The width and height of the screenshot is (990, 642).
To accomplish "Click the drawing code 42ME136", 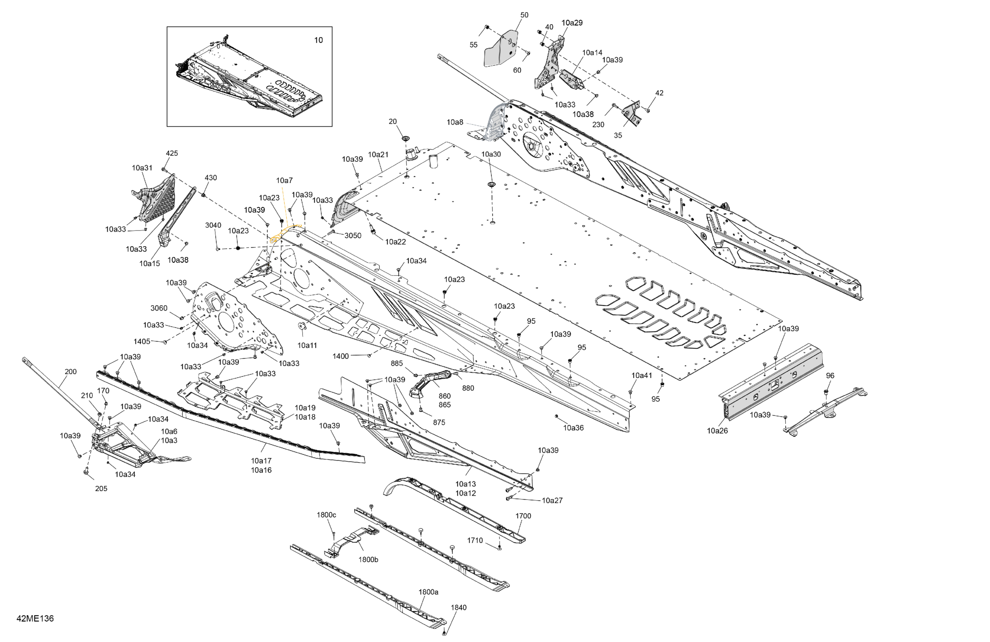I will click(x=35, y=618).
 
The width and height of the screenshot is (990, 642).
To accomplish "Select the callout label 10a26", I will click(x=717, y=431).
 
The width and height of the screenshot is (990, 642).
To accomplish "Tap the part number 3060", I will click(x=159, y=308).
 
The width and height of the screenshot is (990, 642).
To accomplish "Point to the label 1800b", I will click(x=368, y=560).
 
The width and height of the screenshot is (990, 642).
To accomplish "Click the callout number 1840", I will click(x=458, y=608).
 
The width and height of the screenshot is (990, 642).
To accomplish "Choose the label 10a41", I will click(x=641, y=375).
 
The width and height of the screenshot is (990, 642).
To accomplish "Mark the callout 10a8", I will click(x=455, y=122).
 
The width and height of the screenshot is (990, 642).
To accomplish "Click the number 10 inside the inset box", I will click(x=318, y=40).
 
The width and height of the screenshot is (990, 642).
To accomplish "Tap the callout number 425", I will click(x=172, y=153).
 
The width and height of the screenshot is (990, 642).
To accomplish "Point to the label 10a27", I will click(x=552, y=500).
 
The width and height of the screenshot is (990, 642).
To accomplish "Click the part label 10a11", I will click(x=307, y=345).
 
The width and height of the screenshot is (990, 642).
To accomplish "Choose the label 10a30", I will click(x=491, y=154).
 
